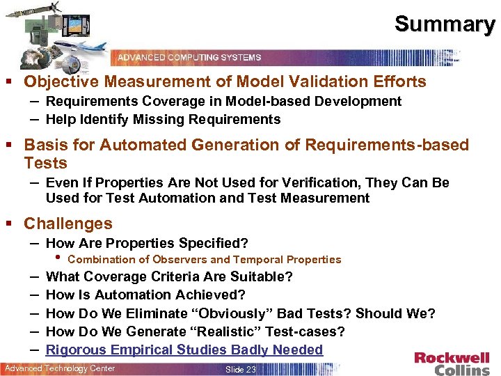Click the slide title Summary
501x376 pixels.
[445, 24]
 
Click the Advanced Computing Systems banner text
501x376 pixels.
[189, 57]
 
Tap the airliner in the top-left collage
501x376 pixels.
[83, 48]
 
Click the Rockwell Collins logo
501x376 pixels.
[452, 363]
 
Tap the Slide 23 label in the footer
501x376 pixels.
[241, 369]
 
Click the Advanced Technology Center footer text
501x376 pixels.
[60, 368]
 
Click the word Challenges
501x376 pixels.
[67, 224]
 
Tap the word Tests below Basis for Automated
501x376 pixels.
[45, 164]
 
